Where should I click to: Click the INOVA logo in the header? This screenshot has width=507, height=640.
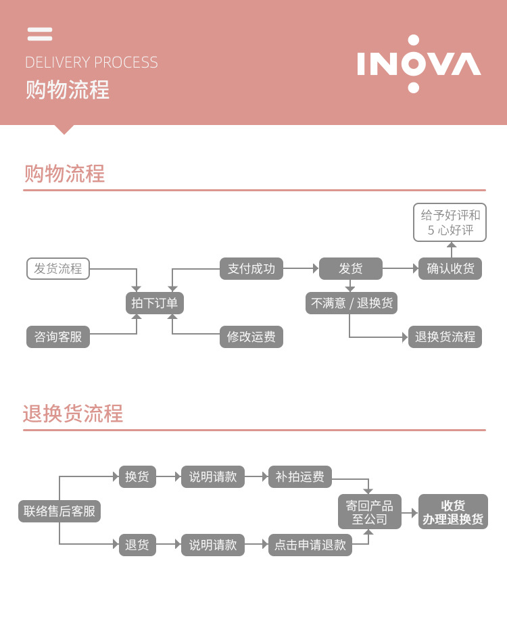tap(418, 64)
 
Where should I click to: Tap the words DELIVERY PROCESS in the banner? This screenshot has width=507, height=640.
tap(91, 63)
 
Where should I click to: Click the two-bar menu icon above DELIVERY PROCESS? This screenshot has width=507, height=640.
tap(40, 34)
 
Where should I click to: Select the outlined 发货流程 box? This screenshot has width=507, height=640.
tap(58, 268)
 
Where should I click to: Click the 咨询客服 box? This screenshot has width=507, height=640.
tap(58, 337)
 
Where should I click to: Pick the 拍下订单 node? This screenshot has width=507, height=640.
tap(155, 303)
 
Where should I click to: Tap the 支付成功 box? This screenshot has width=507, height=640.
tap(251, 268)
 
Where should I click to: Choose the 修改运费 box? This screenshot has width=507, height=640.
tap(251, 337)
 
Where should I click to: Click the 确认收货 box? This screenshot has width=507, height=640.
tap(450, 268)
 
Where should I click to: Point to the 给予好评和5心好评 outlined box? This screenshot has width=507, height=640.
tap(450, 222)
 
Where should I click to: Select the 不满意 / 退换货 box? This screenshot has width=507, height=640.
tap(352, 303)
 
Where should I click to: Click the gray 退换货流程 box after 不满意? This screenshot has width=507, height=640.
tap(445, 337)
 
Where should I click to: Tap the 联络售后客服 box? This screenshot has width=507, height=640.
tap(59, 511)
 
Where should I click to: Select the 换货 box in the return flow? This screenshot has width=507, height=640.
tap(137, 476)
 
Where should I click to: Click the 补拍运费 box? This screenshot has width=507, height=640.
tap(299, 476)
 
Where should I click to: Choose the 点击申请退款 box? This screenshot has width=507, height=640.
tap(310, 545)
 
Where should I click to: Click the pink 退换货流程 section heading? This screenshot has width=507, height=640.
tap(73, 414)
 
